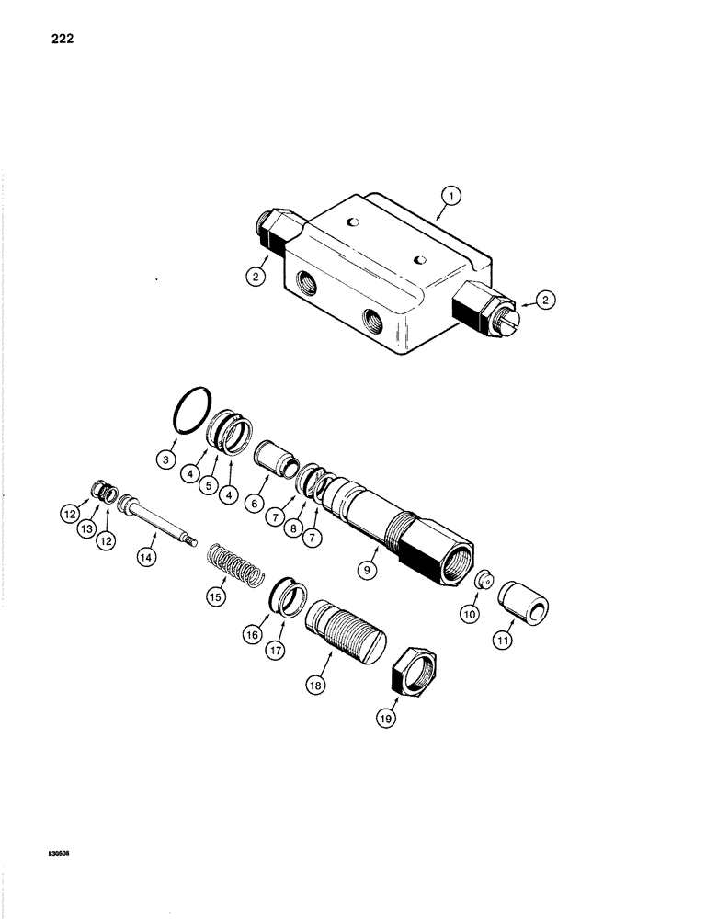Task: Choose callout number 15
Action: coord(217,596)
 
